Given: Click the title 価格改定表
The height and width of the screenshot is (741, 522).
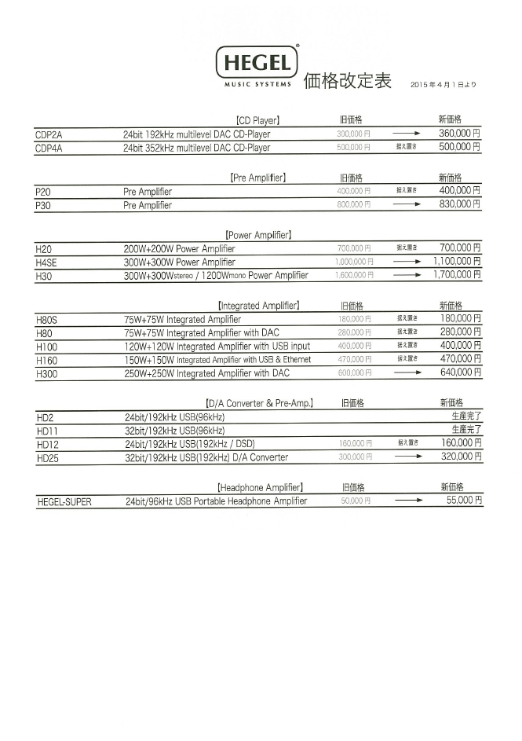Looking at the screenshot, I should (347, 81).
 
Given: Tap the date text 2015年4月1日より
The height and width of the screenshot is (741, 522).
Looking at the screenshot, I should (443, 84).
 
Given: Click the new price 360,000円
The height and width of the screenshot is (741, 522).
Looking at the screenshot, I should (459, 134).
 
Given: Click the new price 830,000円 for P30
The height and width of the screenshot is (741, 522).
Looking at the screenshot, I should (459, 204).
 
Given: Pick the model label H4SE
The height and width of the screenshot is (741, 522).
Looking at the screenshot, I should (46, 262).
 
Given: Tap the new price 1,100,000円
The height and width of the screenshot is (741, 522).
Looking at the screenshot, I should (456, 262).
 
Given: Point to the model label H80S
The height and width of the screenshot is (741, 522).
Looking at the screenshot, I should (47, 320).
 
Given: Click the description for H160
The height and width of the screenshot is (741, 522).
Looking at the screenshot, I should (217, 360).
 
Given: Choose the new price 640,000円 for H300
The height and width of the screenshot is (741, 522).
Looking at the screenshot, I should (460, 372).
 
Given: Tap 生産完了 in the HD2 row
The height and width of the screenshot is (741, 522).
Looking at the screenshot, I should (466, 416).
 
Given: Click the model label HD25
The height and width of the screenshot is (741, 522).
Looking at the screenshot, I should (48, 458).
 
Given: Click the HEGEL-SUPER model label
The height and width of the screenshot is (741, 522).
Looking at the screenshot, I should (64, 501).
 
